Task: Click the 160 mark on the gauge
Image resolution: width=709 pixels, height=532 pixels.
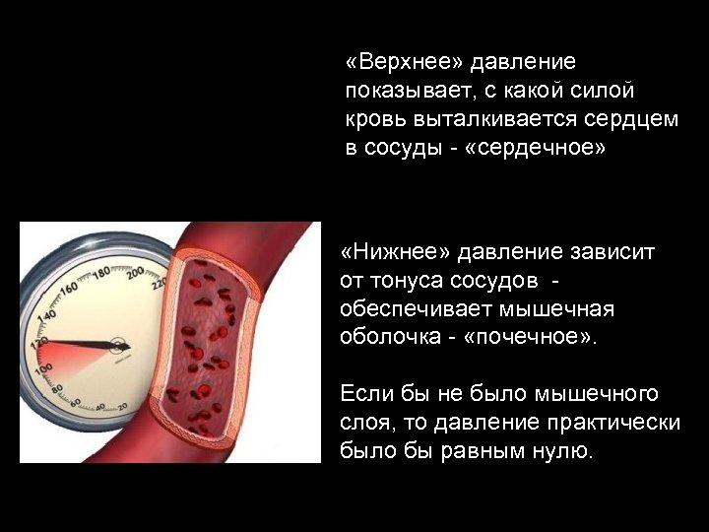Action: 68,291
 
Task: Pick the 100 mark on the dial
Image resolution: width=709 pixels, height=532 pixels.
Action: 42,369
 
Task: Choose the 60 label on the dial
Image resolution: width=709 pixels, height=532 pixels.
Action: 75,403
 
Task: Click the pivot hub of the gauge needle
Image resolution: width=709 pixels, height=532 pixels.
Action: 119,346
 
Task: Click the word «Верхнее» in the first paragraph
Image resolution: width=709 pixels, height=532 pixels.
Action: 405,63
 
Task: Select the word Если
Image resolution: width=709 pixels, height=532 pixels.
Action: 364,394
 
